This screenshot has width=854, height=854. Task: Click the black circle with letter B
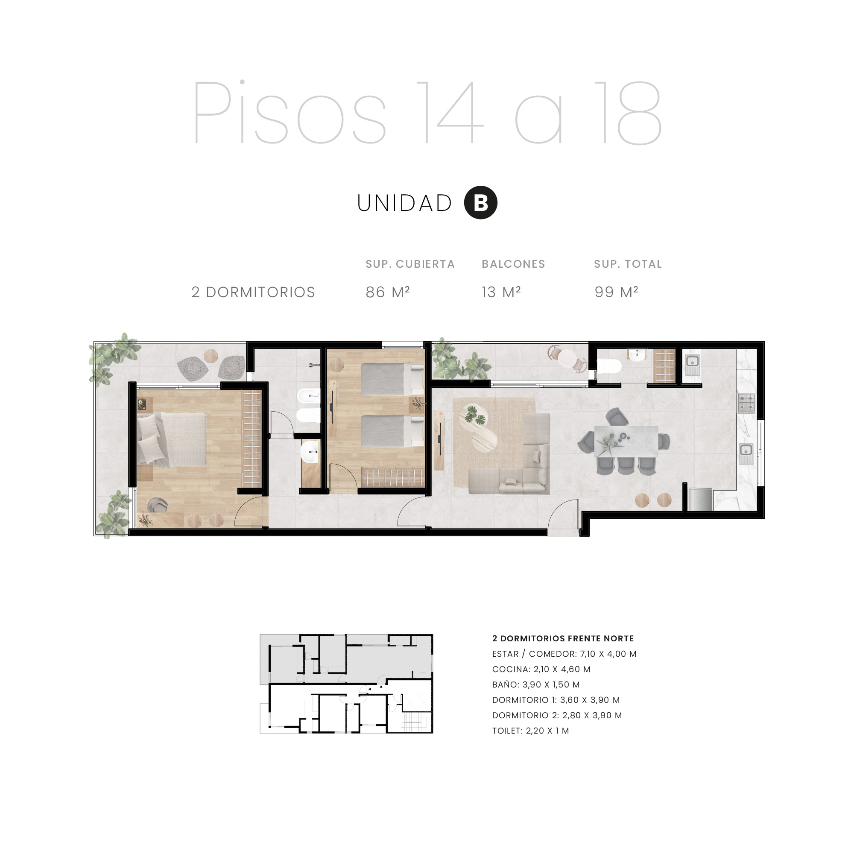click(480, 203)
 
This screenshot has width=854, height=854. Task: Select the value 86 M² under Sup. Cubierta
click(388, 292)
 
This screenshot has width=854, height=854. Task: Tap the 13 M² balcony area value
click(501, 292)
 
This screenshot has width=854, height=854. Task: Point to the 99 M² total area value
click(616, 292)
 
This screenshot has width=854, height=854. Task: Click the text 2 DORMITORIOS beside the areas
click(253, 292)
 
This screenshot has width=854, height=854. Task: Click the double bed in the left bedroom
click(172, 439)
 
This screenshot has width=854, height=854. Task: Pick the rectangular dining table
click(626, 441)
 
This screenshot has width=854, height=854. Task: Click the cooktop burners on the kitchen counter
click(746, 403)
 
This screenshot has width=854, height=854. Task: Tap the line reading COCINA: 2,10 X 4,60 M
click(541, 669)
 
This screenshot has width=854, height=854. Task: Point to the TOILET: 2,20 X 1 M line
click(530, 731)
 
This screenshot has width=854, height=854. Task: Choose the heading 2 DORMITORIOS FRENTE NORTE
click(563, 638)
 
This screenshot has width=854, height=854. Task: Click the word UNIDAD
click(404, 203)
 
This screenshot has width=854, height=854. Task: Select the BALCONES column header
click(513, 264)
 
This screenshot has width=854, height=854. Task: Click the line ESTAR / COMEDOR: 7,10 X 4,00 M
click(564, 654)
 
